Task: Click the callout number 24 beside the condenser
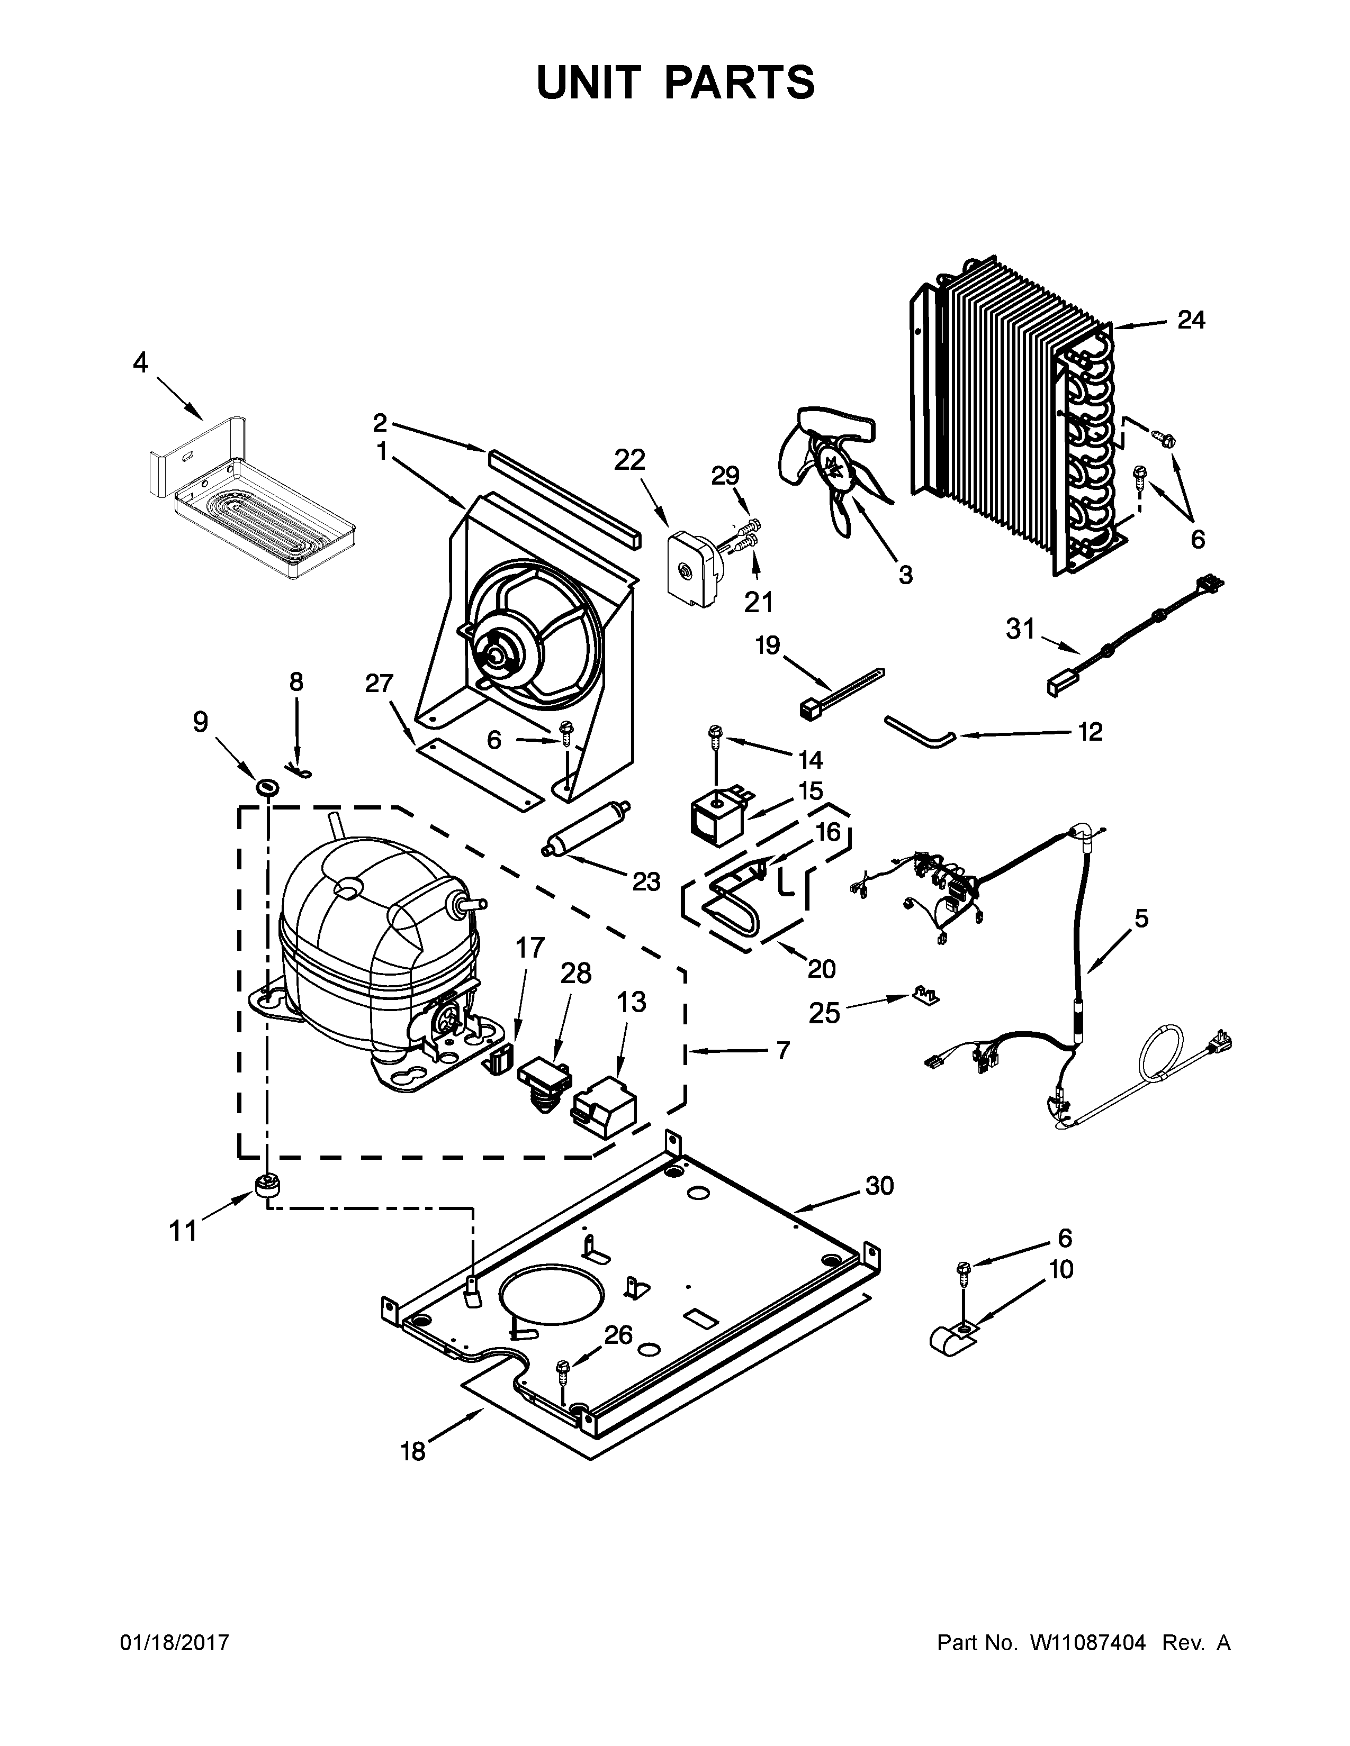point(1191,321)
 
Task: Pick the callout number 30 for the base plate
point(879,1186)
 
